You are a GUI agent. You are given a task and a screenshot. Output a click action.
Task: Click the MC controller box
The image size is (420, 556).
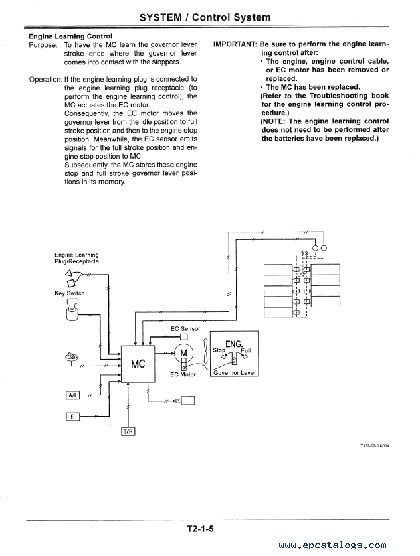coord(138,364)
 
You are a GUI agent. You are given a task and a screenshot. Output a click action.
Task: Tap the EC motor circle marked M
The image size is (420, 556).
coord(183,353)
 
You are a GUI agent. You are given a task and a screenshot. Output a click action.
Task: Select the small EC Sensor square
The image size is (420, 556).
coord(184,337)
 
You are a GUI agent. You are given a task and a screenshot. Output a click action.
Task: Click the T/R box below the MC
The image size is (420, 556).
coord(128,431)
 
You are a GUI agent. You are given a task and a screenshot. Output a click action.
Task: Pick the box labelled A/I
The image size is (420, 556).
coord(73,395)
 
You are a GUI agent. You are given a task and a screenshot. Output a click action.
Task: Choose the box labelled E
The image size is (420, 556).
coord(73,417)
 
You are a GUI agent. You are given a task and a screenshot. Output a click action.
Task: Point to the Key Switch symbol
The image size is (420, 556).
coord(72,310)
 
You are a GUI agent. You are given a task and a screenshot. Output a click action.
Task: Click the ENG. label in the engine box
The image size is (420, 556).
coord(234,344)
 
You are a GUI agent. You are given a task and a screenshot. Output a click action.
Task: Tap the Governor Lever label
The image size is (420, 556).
coord(235,373)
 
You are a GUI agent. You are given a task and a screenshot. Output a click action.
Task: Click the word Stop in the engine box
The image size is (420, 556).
coord(219,350)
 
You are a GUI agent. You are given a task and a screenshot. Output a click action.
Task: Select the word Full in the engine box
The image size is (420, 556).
coord(246,350)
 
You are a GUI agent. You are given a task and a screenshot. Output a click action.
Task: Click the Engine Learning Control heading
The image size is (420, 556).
coord(70,36)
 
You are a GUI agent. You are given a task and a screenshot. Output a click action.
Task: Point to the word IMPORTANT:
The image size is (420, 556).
coord(235,44)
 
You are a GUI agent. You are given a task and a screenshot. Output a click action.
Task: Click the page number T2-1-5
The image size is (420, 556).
coord(200,529)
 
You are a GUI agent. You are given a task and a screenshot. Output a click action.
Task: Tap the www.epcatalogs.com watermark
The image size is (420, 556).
coord(332,545)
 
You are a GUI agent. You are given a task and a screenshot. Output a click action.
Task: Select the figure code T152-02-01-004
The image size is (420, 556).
coord(375,446)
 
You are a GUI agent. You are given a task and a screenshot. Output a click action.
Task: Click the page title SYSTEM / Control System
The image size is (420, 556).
coord(205,17)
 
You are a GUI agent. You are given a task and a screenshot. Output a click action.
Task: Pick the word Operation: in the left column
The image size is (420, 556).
coord(45,79)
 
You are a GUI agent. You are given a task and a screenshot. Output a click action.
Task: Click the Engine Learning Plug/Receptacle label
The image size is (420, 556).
coord(76,258)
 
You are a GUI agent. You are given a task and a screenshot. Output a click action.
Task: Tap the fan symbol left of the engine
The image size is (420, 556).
coord(205,350)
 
